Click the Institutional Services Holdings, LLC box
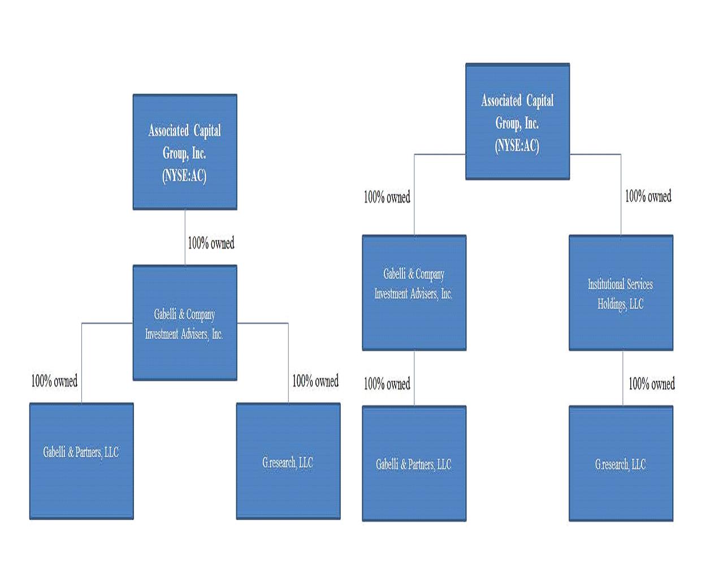click(621, 293)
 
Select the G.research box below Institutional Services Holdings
click(621, 463)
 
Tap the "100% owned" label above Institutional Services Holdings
click(648, 196)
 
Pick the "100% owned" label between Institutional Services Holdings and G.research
click(651, 384)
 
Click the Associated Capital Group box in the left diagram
click(185, 152)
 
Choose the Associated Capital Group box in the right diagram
click(517, 122)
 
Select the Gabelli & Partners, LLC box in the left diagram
click(81, 461)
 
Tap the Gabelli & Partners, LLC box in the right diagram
click(414, 463)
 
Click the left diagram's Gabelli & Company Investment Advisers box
click(185, 323)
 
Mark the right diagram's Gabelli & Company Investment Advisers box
click(414, 293)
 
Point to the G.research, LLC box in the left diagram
click(288, 461)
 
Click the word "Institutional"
click(604, 284)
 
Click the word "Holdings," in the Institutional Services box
click(612, 304)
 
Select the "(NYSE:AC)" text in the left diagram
click(184, 176)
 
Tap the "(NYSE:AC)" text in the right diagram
click(517, 145)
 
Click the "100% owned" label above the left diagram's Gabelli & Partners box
click(54, 381)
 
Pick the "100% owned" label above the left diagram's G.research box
click(315, 381)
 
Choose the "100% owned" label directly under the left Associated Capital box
click(211, 243)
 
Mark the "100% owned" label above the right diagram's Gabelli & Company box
click(387, 197)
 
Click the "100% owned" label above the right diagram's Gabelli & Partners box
click(387, 384)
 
